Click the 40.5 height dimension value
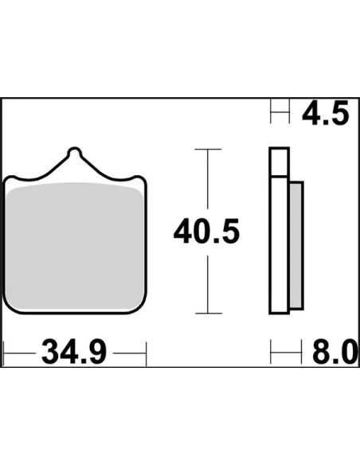tap(206, 232)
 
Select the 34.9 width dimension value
tap(74, 353)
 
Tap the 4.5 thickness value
tap(325, 113)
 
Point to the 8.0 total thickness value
tap(335, 353)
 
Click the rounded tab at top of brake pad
tap(74, 152)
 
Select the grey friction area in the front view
tap(75, 246)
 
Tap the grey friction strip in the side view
tap(296, 246)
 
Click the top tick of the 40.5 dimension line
tap(208, 149)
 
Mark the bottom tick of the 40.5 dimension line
tap(209, 313)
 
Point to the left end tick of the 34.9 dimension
tap(3, 354)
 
